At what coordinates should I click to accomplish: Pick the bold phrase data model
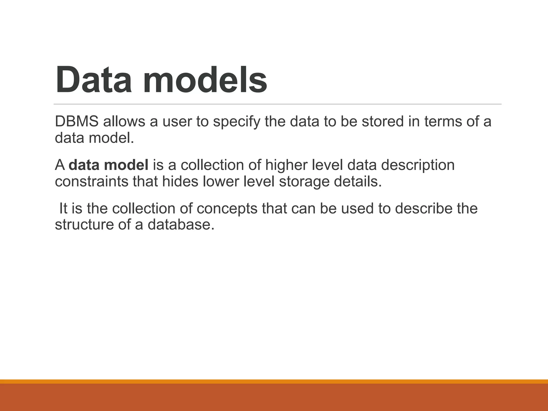tap(108, 165)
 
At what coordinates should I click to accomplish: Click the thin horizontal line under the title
tap(277, 104)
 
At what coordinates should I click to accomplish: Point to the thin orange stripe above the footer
tap(274, 381)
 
